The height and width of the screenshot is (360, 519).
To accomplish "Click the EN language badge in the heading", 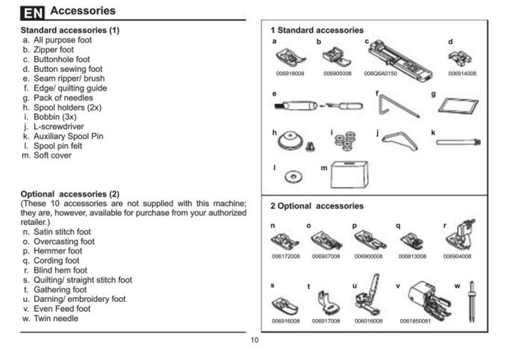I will [33, 12].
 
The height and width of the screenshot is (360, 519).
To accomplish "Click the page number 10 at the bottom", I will [254, 340].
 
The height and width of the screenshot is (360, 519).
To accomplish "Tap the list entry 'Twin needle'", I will [56, 318].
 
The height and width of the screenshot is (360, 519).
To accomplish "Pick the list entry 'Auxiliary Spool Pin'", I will [68, 136].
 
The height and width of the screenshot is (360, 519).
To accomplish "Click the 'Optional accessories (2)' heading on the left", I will [70, 194].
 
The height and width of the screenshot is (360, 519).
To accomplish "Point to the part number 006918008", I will [288, 74].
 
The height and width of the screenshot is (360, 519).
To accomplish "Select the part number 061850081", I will [415, 321].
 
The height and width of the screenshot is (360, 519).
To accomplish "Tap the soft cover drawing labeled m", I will [352, 174].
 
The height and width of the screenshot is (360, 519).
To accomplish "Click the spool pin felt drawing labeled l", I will [292, 176].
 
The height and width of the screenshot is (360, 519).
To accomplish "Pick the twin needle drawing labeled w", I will [472, 303].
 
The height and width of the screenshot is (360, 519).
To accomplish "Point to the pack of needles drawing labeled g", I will [452, 105].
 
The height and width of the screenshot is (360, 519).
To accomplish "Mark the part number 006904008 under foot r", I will [458, 257].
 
